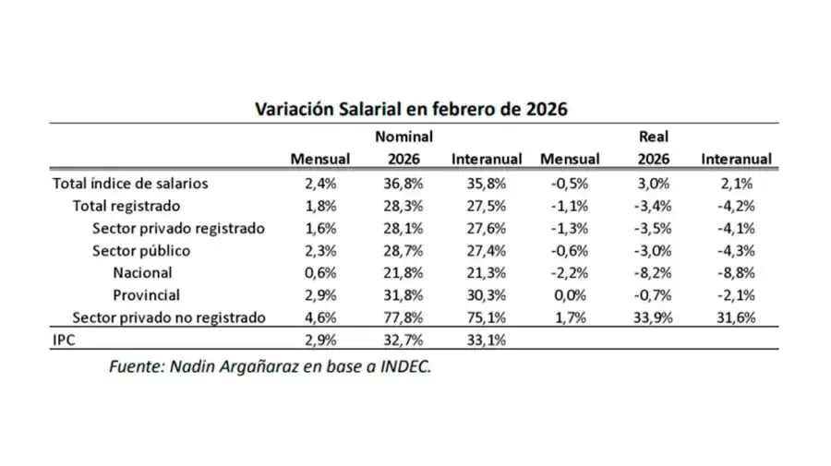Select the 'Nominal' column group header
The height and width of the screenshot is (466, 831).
(403, 137)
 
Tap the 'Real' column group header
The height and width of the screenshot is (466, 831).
(654, 137)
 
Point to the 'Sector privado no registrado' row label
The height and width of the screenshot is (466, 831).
(169, 317)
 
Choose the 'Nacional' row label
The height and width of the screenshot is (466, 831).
(142, 272)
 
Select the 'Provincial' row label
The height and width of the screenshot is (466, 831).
(146, 295)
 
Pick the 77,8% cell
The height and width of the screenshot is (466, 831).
(403, 317)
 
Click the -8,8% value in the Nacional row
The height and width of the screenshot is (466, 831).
(736, 272)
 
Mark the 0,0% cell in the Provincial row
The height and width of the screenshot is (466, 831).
(569, 295)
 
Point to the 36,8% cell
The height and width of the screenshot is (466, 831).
(403, 183)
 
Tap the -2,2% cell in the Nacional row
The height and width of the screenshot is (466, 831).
(569, 272)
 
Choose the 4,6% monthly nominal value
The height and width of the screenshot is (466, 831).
(319, 317)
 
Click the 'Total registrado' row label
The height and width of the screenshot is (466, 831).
(126, 205)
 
